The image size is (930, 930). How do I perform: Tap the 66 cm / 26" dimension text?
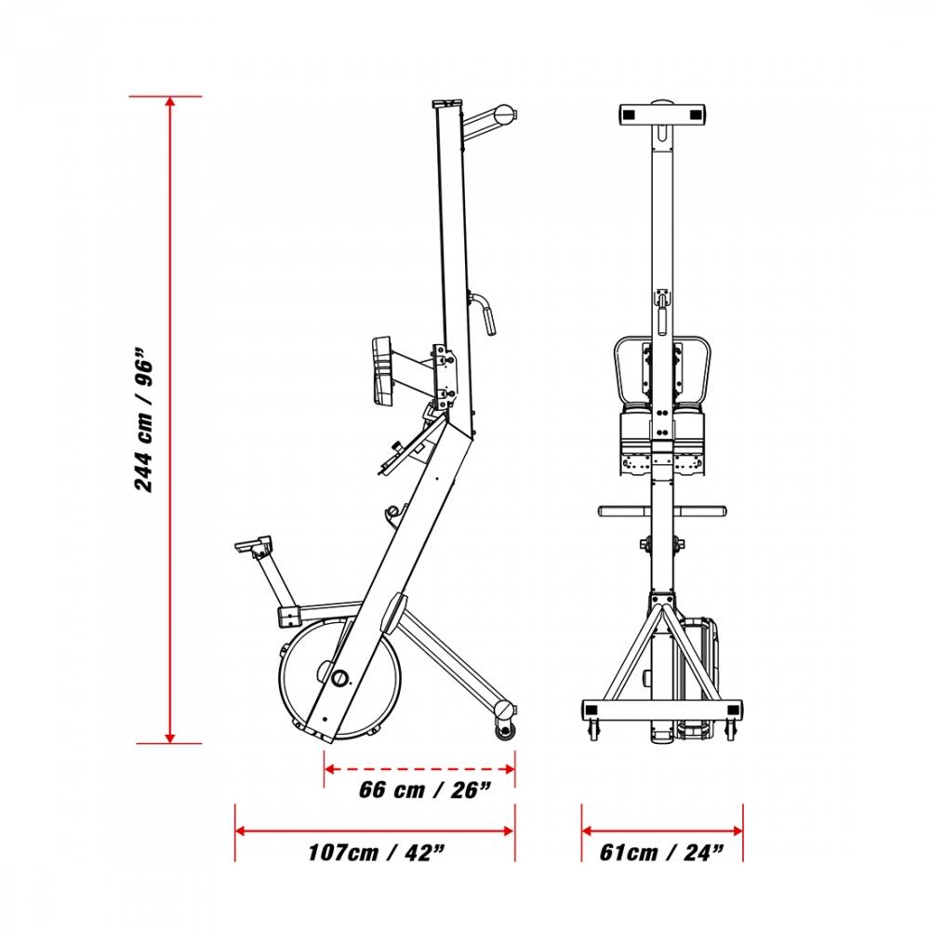[x=425, y=790]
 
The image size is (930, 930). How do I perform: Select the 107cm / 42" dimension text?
[x=376, y=853]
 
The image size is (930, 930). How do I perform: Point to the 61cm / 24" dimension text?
[x=661, y=853]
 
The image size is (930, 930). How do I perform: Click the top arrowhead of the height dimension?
[x=170, y=102]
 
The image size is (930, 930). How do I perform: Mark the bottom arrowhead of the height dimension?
[x=170, y=737]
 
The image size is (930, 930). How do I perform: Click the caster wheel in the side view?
[x=505, y=731]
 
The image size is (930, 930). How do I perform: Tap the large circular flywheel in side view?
[x=339, y=678]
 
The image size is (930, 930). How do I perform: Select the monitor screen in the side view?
[x=382, y=371]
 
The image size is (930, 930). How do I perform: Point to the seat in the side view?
[x=254, y=544]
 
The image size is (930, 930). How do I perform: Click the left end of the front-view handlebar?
[x=602, y=511]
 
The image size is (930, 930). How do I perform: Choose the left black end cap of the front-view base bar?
[x=591, y=710]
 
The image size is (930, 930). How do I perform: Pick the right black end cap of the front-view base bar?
[x=734, y=710]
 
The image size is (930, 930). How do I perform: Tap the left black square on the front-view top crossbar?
[x=629, y=114]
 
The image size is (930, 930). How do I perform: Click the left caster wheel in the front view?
[x=593, y=730]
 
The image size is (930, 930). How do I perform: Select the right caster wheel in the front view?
[x=731, y=730]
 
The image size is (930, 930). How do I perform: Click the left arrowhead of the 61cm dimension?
[x=587, y=830]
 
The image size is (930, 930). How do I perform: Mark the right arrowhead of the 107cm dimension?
[x=509, y=830]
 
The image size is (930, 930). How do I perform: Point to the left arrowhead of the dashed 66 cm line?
[x=330, y=769]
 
